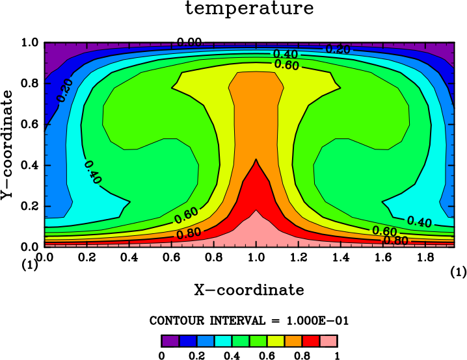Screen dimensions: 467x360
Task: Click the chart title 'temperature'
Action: (249, 8)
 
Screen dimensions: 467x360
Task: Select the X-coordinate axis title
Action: (249, 290)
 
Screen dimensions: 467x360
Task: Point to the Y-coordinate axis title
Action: (7, 145)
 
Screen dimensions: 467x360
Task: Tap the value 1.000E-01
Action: (317, 321)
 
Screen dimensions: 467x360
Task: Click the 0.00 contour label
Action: (190, 42)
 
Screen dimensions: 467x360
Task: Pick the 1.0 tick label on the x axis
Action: (256, 257)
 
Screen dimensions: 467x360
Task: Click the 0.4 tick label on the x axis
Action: (129, 257)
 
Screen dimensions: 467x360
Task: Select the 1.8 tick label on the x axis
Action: (425, 257)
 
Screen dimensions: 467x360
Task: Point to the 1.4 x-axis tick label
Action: (341, 257)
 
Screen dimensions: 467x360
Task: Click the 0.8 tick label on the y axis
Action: (29, 83)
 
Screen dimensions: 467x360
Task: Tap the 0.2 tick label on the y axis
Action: (29, 206)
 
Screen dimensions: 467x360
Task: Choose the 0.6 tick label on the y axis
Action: (29, 124)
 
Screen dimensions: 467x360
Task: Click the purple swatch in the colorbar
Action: (170, 341)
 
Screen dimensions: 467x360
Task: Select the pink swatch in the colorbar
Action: (329, 341)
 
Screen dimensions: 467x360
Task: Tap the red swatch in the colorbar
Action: (312, 341)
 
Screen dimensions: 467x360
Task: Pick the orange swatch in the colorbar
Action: (293, 341)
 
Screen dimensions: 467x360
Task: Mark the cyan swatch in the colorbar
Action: (223, 341)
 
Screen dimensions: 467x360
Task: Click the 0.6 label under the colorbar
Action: (267, 355)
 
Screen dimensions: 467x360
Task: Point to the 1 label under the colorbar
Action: (337, 355)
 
